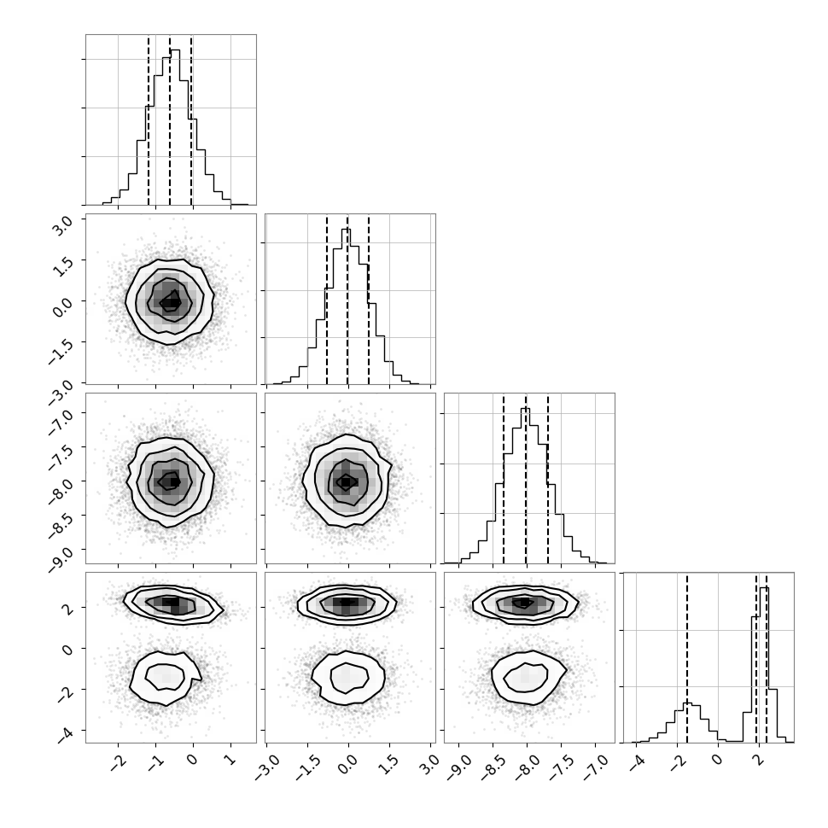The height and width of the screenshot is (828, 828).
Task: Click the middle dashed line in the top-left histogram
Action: coord(170,120)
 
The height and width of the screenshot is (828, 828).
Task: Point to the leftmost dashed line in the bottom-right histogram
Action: coord(687,657)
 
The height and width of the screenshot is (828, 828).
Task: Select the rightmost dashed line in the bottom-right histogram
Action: coord(767,657)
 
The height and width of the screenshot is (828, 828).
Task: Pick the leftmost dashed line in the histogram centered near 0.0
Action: coord(327,300)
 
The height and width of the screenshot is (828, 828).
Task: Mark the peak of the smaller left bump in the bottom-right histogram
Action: coord(687,703)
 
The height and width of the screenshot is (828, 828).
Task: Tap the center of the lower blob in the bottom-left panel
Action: coord(166,678)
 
